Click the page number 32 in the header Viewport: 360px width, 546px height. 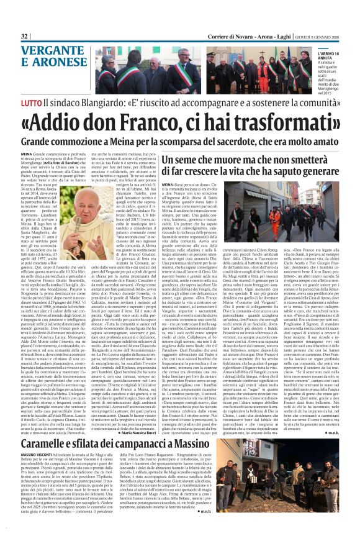tap(25, 37)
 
